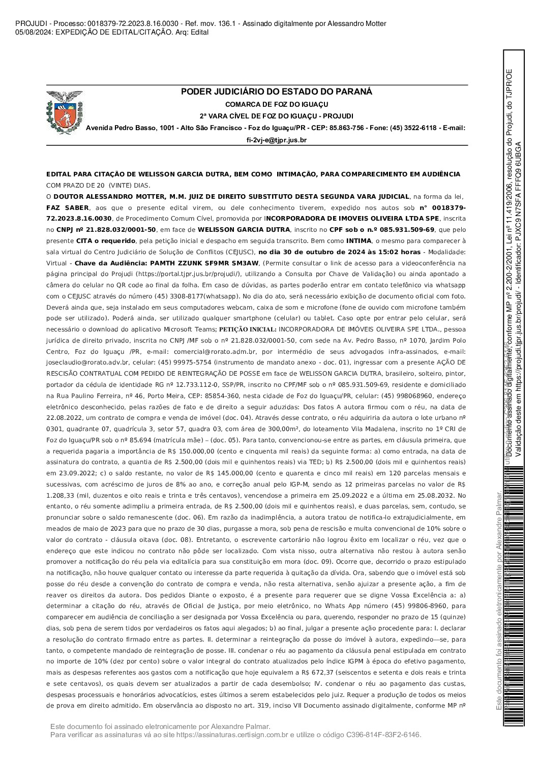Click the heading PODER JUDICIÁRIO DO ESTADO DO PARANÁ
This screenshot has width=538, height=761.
coord(277,92)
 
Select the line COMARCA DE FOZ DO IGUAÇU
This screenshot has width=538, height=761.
coord(277,104)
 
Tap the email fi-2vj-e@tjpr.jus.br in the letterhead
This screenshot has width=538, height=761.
coord(277,140)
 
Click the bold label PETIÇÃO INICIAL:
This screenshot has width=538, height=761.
coord(248,329)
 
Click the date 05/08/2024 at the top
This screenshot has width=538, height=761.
coord(34,32)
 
